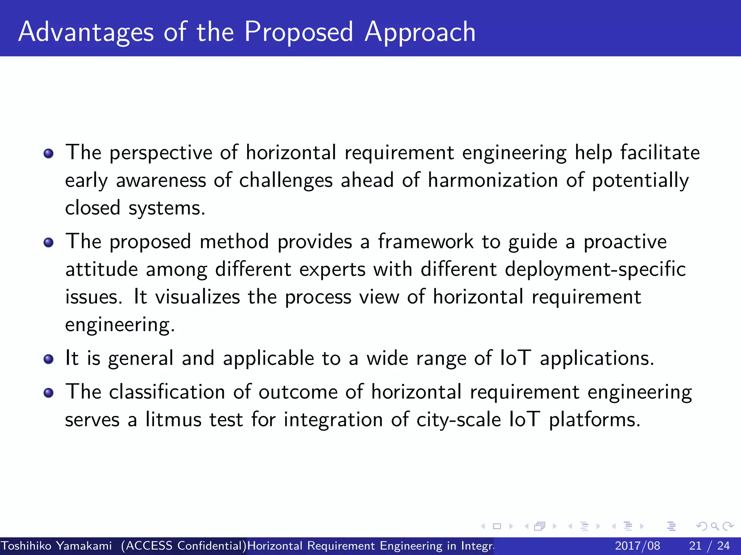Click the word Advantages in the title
click(86, 33)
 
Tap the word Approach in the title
click(420, 33)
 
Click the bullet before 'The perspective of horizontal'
click(48, 154)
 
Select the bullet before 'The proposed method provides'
click(48, 242)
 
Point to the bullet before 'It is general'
click(48, 359)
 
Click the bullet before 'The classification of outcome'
click(48, 393)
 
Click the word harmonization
click(493, 180)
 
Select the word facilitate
click(660, 152)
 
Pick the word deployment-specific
click(595, 270)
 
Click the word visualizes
click(198, 297)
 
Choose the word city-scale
click(458, 420)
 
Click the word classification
click(167, 392)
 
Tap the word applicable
click(268, 358)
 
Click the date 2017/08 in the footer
click(637, 546)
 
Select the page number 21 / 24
click(709, 546)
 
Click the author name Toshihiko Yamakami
click(56, 546)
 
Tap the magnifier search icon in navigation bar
click(714, 526)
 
